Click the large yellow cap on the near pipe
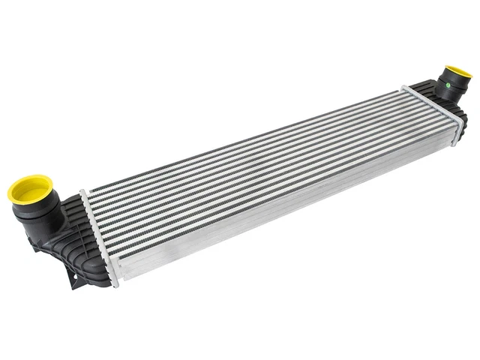tap(30, 187)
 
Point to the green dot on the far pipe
tap(448, 85)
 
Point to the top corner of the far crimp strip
tap(406, 88)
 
